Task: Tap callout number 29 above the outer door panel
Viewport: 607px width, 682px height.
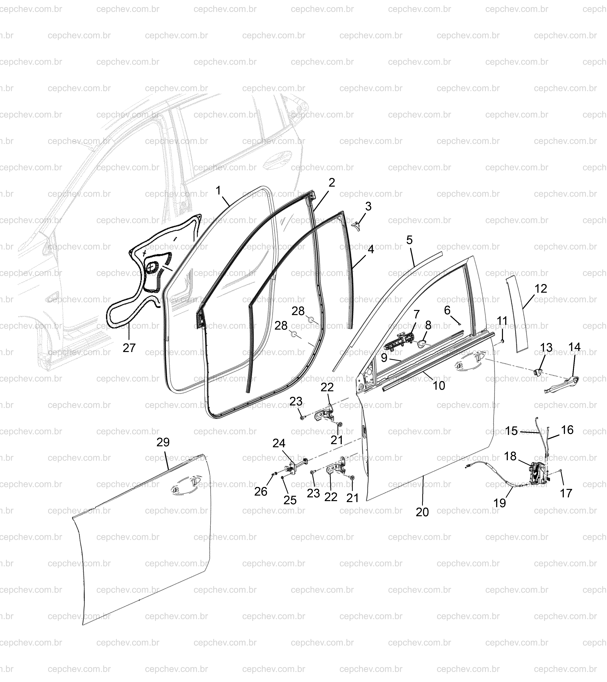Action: point(163,442)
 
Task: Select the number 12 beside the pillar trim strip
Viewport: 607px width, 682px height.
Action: point(541,288)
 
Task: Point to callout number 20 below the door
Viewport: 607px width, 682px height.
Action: point(422,512)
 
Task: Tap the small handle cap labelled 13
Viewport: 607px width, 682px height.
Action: point(538,371)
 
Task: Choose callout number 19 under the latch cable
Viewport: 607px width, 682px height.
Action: point(500,502)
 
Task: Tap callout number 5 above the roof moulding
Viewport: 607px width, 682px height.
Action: point(409,240)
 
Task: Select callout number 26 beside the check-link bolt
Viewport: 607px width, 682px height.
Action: point(261,491)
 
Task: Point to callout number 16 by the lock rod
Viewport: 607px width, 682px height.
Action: point(567,430)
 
